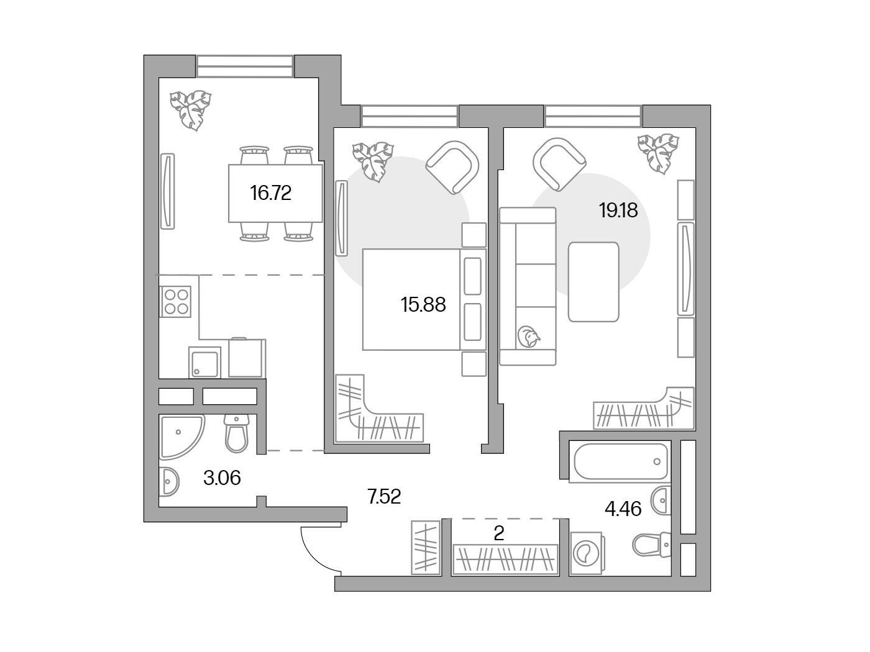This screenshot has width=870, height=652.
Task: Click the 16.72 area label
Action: (x=271, y=193)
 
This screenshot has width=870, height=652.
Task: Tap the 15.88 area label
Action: (x=423, y=305)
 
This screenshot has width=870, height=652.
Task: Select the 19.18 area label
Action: (x=618, y=211)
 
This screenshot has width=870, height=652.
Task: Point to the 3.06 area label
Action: (x=222, y=478)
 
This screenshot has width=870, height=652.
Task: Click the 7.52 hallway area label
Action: (x=384, y=497)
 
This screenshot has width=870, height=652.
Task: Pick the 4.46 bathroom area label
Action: (x=623, y=509)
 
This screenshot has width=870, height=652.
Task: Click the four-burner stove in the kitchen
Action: (x=176, y=301)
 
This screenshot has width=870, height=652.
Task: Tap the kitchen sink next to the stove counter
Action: (x=204, y=363)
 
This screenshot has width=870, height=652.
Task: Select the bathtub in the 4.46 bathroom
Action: (x=621, y=461)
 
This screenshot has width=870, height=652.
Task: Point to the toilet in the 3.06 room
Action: (x=237, y=433)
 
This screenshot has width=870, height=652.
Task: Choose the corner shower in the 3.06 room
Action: (x=180, y=436)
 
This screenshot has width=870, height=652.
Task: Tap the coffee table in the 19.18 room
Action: (x=593, y=282)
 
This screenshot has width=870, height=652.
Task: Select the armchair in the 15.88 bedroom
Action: (x=452, y=168)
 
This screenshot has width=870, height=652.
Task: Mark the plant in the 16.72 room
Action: (x=190, y=111)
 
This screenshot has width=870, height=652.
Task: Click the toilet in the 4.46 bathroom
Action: (x=652, y=545)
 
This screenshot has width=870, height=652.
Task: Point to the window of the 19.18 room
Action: (x=593, y=116)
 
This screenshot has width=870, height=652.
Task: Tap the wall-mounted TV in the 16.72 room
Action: (x=167, y=191)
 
